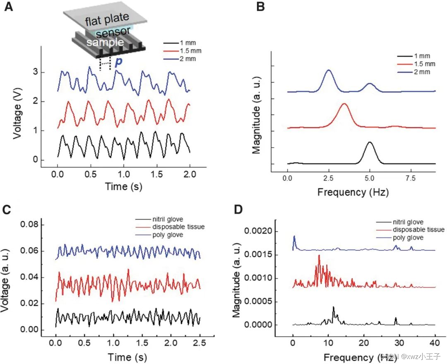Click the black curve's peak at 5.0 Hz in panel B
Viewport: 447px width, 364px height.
pyautogui.click(x=370, y=142)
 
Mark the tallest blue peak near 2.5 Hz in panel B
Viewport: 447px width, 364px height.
pyautogui.click(x=329, y=70)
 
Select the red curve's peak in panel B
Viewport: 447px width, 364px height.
pyautogui.click(x=344, y=103)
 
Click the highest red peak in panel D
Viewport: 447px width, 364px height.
pyautogui.click(x=319, y=255)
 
